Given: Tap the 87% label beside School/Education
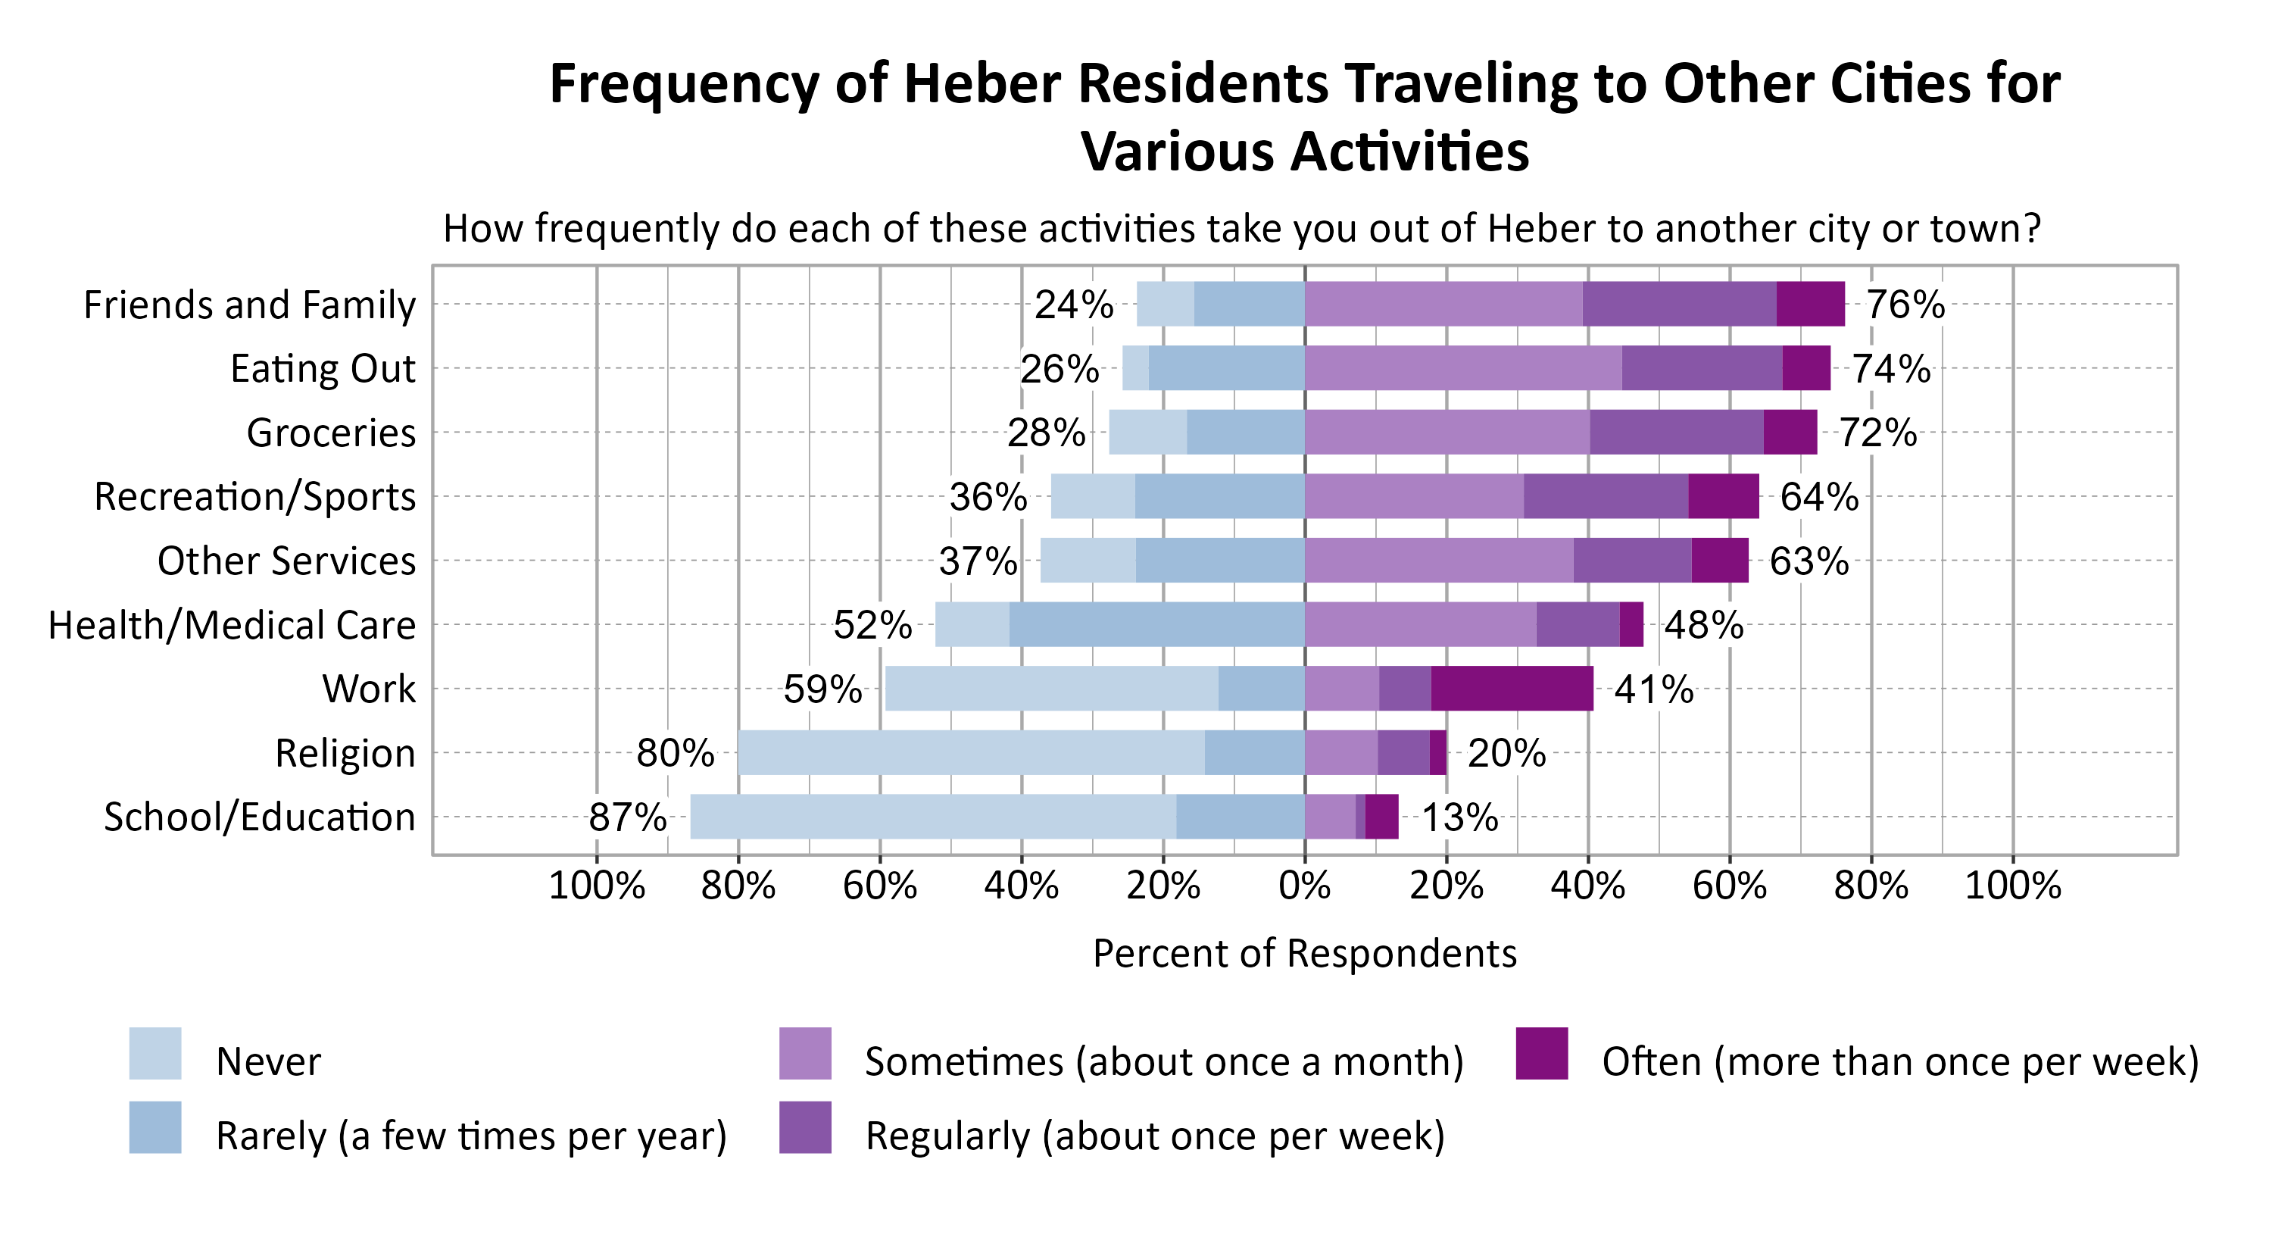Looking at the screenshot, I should point(627,817).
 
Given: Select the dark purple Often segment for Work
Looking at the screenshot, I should point(1512,689).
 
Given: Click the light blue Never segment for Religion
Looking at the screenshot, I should point(970,753).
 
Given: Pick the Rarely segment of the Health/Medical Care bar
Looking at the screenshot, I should point(1156,624).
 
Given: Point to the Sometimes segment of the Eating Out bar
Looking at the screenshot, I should point(1462,368).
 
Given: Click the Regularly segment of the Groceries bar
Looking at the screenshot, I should point(1676,433).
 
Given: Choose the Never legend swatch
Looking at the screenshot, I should point(155,1053).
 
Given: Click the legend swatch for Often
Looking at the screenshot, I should point(1542,1053).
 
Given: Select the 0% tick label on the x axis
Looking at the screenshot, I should point(1304,886).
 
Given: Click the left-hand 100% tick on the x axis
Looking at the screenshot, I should point(596,886).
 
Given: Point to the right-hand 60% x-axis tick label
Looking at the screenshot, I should point(1729,886).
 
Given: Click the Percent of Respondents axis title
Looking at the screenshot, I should point(1304,954).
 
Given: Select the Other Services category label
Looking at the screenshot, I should point(286,561).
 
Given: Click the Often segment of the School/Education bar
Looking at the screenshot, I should point(1381,817).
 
